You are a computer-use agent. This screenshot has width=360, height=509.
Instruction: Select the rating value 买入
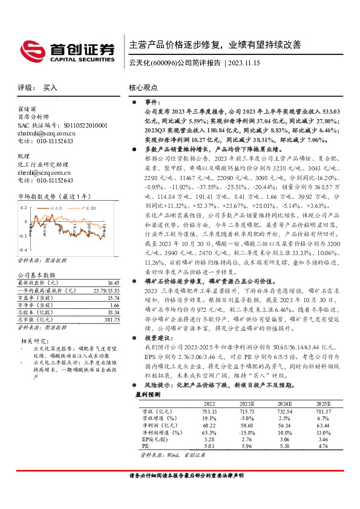[x=50, y=88]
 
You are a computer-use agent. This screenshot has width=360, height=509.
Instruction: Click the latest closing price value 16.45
[x=113, y=282]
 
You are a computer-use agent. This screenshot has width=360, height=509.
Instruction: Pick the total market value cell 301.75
[x=113, y=320]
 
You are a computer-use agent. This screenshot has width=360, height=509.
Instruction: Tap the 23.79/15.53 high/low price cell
[x=106, y=290]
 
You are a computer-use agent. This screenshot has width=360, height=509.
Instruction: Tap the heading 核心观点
[x=143, y=88]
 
